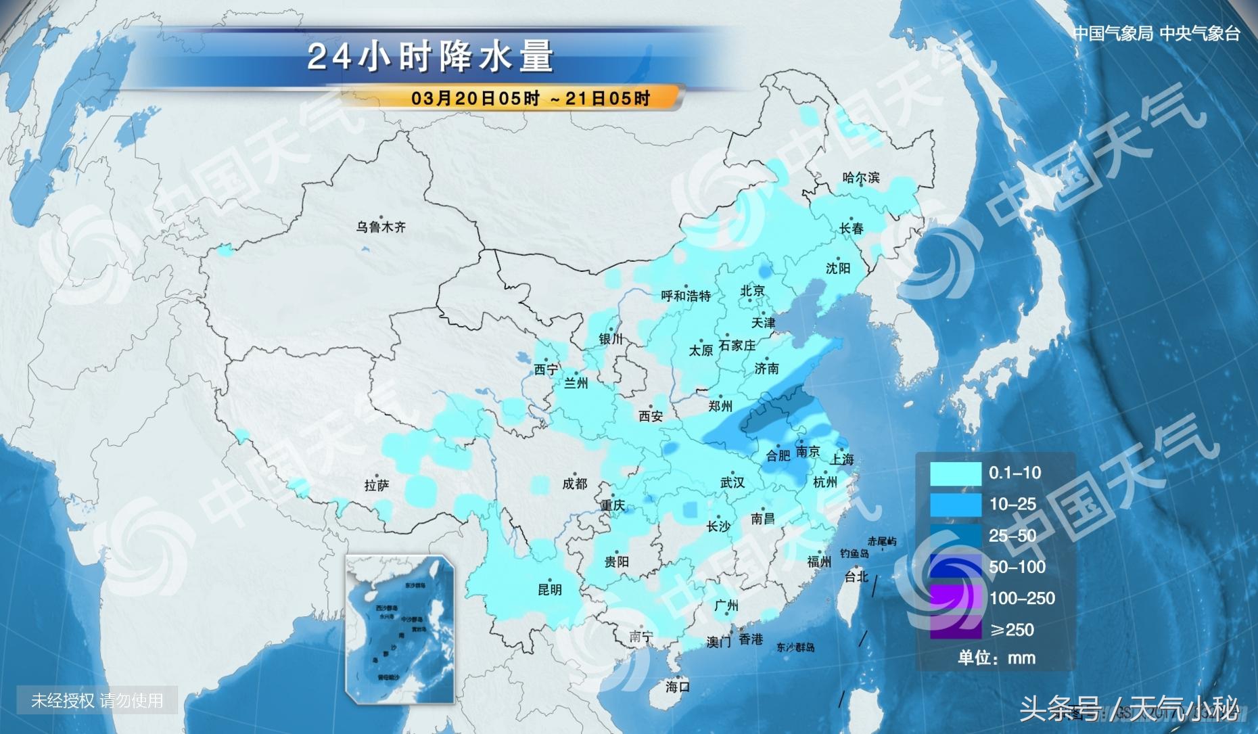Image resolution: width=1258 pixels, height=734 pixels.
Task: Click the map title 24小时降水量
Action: (x=431, y=56)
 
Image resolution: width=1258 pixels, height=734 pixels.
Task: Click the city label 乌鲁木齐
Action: (x=381, y=227)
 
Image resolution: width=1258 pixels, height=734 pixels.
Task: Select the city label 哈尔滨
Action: (x=861, y=178)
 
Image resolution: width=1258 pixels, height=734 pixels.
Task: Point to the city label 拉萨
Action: (x=376, y=485)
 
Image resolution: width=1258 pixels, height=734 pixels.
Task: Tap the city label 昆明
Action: (x=549, y=589)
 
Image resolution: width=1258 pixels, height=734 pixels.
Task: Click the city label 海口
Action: (x=677, y=687)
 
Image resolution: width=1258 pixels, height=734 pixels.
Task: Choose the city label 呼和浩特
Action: (x=686, y=296)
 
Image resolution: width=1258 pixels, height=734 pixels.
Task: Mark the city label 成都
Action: (x=574, y=483)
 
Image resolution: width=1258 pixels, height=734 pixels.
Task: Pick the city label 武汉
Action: (x=732, y=482)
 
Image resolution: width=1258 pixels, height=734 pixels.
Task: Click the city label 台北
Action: (x=856, y=576)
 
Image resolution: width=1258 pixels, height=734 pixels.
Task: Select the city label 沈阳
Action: (x=837, y=269)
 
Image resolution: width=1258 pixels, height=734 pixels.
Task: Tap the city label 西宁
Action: (x=546, y=369)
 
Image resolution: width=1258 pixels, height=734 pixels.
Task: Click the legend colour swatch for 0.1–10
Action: (x=955, y=474)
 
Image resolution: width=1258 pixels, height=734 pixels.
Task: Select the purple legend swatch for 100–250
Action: (x=955, y=598)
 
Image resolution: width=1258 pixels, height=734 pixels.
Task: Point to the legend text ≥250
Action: (x=1012, y=630)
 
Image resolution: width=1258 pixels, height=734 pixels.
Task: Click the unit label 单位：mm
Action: (x=996, y=658)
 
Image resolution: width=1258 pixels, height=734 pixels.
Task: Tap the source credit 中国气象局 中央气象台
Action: (x=1156, y=33)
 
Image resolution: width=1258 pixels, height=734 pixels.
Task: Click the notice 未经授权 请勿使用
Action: (x=97, y=700)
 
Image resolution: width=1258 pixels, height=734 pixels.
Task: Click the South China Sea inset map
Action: (x=400, y=629)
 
